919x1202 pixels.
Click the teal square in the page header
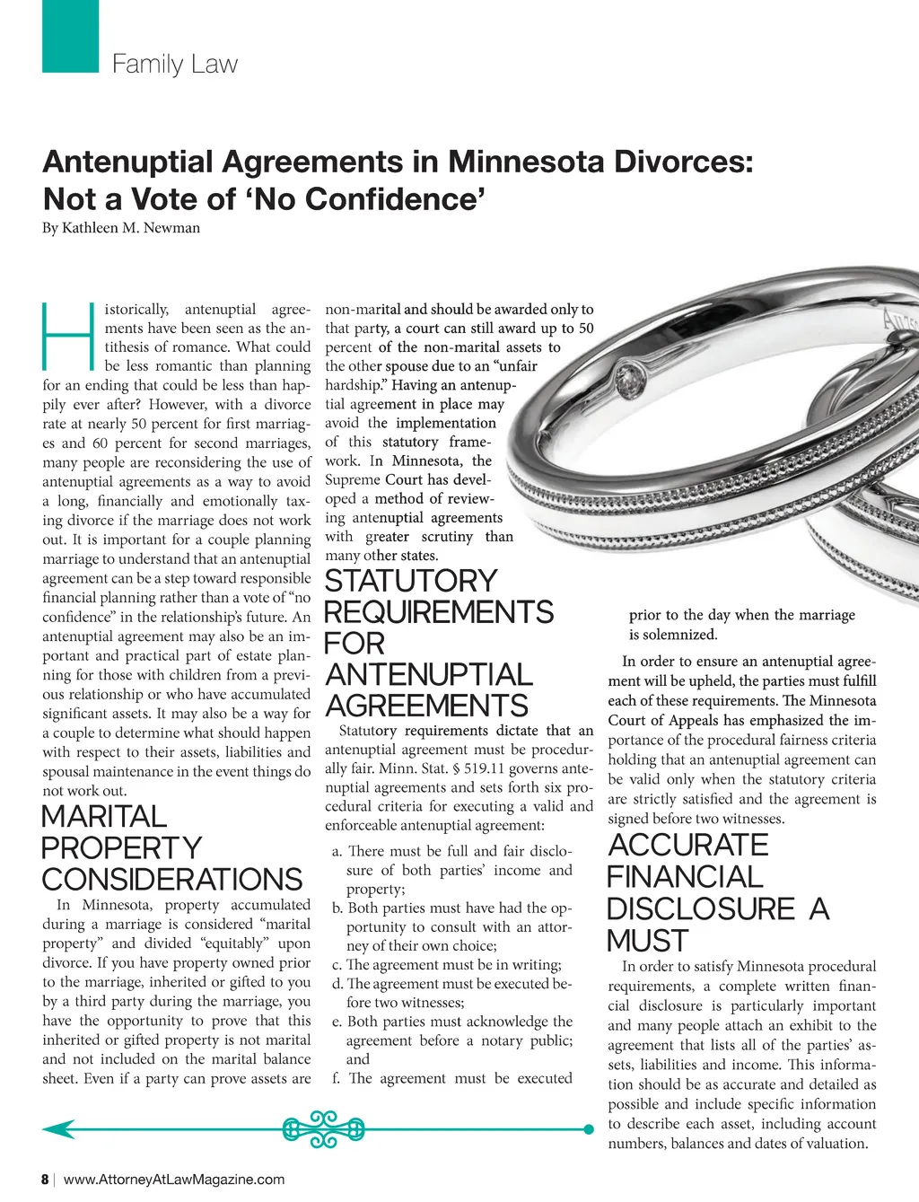click(70, 36)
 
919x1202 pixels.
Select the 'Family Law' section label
click(175, 65)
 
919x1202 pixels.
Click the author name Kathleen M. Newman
click(131, 228)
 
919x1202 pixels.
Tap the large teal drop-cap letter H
click(68, 338)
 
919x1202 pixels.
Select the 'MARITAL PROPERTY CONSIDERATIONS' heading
click(171, 848)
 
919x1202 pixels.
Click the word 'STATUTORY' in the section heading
click(410, 581)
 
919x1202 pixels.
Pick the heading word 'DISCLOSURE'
click(701, 909)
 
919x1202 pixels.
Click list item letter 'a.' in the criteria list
click(337, 851)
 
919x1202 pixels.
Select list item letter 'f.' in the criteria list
click(337, 1078)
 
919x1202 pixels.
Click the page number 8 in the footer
click(45, 1180)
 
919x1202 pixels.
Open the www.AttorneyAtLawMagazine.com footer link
click(174, 1180)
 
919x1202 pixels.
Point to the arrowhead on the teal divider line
click(54, 1129)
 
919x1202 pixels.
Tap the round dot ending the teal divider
click(589, 1129)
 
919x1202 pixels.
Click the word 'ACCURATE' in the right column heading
click(688, 846)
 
